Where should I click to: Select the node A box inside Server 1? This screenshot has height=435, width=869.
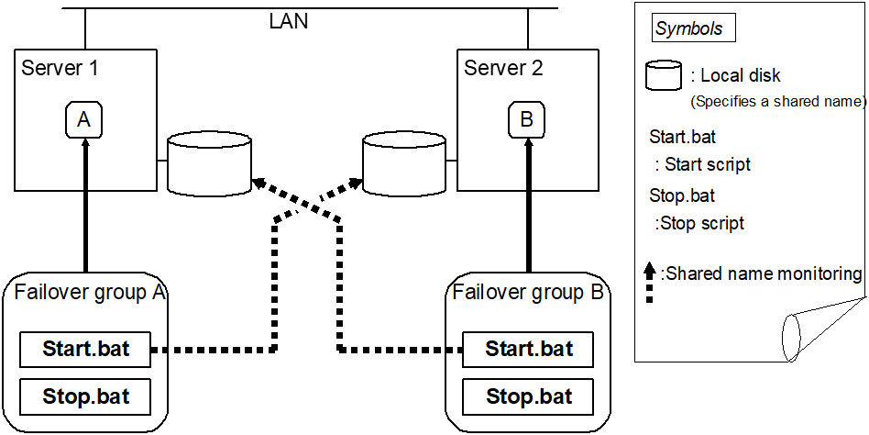point(83,120)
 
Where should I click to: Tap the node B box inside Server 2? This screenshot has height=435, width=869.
point(527,120)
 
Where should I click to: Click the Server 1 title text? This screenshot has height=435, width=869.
point(60,68)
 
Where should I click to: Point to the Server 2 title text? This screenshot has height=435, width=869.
point(503,68)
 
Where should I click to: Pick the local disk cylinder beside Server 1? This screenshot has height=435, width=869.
point(210,163)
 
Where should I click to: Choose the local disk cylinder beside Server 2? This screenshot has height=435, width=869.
point(404,163)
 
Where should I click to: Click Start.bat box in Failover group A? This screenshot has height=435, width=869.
point(86,350)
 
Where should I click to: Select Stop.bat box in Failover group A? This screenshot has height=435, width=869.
point(86,396)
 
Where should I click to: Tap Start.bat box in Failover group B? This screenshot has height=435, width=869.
point(529,350)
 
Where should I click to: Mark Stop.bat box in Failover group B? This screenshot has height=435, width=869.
point(529,396)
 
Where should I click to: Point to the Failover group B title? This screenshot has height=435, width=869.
point(528,293)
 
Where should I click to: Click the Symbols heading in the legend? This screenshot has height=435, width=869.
point(688,28)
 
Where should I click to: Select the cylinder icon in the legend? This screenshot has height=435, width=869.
point(665,76)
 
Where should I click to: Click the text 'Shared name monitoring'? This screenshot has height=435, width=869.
point(762,273)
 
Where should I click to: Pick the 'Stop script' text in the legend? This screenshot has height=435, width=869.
point(699,223)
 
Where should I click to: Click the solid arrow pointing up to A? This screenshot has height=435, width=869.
point(84,202)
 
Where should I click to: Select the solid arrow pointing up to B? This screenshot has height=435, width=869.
point(528,202)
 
